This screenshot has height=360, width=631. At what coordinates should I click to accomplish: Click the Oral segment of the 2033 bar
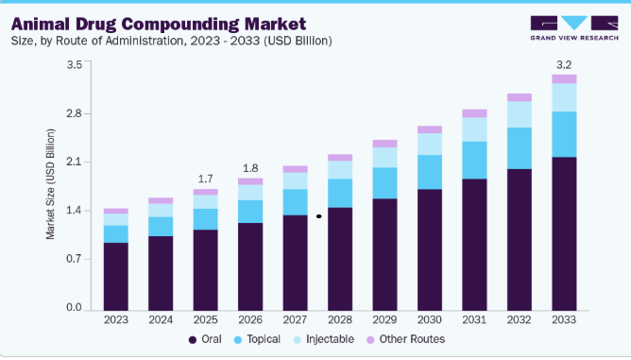pyautogui.click(x=564, y=233)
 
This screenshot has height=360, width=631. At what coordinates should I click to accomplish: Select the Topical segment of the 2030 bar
pyautogui.click(x=430, y=172)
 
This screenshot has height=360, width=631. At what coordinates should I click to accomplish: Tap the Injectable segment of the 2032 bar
pyautogui.click(x=520, y=114)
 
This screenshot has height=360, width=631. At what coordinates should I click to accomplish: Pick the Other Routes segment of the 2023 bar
pyautogui.click(x=116, y=211)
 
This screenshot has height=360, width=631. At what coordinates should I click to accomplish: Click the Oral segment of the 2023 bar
pyautogui.click(x=116, y=277)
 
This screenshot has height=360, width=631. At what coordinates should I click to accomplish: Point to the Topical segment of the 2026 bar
pyautogui.click(x=250, y=212)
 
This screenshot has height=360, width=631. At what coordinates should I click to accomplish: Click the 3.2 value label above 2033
pyautogui.click(x=564, y=65)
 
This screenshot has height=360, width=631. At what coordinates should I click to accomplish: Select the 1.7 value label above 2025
pyautogui.click(x=205, y=179)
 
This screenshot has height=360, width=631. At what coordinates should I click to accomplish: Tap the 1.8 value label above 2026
pyautogui.click(x=250, y=168)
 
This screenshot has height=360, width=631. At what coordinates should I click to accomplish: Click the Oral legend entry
pyautogui.click(x=205, y=339)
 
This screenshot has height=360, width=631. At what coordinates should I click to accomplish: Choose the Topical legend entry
pyautogui.click(x=257, y=339)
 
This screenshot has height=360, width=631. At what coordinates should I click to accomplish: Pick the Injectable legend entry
pyautogui.click(x=324, y=339)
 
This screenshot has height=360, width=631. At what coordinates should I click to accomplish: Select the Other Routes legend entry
pyautogui.click(x=405, y=339)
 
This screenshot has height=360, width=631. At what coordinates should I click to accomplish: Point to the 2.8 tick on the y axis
pyautogui.click(x=74, y=113)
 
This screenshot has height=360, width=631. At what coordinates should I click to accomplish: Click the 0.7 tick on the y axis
pyautogui.click(x=74, y=259)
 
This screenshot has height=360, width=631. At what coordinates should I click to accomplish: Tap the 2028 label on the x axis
pyautogui.click(x=340, y=319)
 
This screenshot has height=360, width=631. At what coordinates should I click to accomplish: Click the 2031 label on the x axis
pyautogui.click(x=474, y=319)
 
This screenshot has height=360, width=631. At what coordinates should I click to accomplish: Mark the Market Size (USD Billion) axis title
pyautogui.click(x=50, y=184)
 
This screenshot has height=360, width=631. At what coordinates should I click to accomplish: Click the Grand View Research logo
pyautogui.click(x=574, y=28)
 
